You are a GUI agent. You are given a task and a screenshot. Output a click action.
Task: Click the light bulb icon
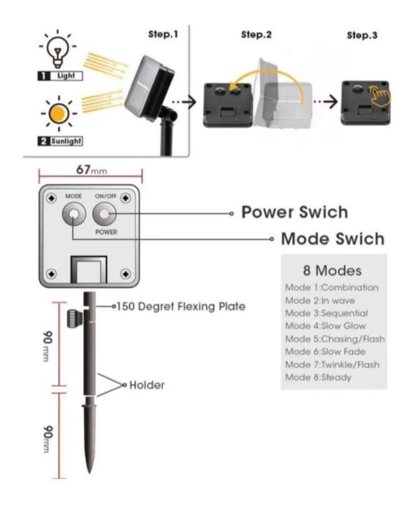[x=57, y=49]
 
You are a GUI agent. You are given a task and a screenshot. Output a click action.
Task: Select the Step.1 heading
[x=163, y=34]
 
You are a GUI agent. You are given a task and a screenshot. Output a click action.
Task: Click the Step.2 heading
[x=256, y=34]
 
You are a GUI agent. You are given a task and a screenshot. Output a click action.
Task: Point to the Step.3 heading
[x=362, y=35]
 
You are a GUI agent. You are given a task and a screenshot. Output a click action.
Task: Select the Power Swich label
[x=293, y=212]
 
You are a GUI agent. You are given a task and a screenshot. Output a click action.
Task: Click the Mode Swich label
[x=332, y=238]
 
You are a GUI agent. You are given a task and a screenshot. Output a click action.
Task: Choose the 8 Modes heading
[x=332, y=270]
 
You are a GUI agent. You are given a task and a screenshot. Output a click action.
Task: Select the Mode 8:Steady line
[x=318, y=377]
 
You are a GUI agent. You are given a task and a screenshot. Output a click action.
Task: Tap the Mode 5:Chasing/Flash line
[x=335, y=339]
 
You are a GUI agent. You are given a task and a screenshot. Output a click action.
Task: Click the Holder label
[x=147, y=385]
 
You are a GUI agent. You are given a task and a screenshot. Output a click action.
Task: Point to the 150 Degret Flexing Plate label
[x=181, y=307]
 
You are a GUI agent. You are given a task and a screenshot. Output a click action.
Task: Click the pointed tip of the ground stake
[x=90, y=470]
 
